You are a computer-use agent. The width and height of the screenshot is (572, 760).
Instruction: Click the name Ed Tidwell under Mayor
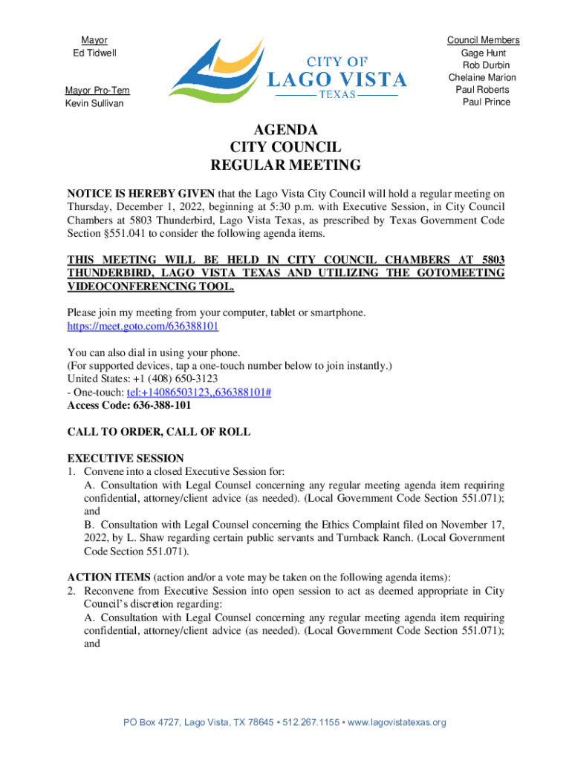pyautogui.click(x=94, y=53)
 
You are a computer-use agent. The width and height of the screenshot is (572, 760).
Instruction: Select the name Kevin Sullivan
pyautogui.click(x=94, y=103)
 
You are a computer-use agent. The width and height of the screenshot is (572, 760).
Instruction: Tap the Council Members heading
pyautogui.click(x=483, y=40)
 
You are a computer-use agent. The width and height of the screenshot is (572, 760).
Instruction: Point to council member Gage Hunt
pyautogui.click(x=484, y=53)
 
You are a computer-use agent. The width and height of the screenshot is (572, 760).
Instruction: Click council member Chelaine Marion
pyautogui.click(x=482, y=78)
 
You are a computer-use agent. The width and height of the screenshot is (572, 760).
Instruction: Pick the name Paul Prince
pyautogui.click(x=487, y=102)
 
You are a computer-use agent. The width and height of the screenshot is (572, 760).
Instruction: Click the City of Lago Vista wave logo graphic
pyautogui.click(x=215, y=71)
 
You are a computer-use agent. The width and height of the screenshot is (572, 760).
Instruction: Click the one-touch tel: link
pyautogui.click(x=199, y=393)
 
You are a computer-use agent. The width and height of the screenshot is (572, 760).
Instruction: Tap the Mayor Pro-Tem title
pyautogui.click(x=97, y=91)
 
